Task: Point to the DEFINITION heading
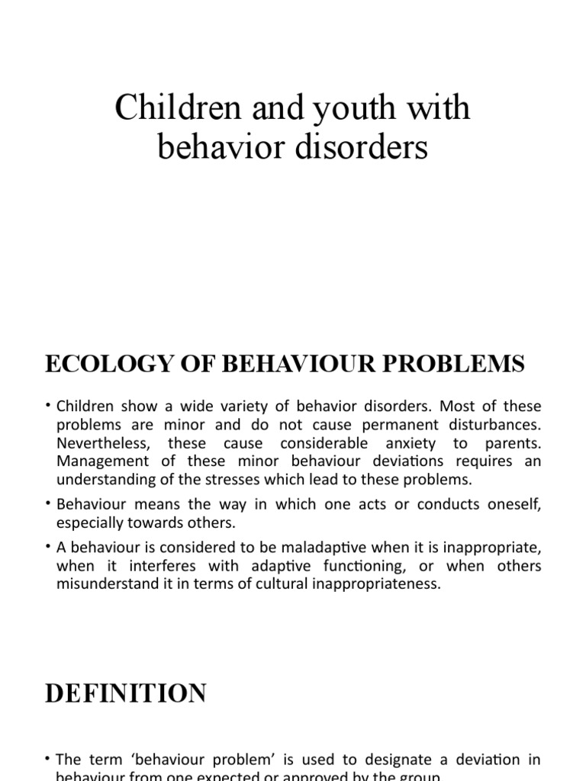coord(126,693)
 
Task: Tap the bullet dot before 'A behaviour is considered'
coord(48,548)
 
